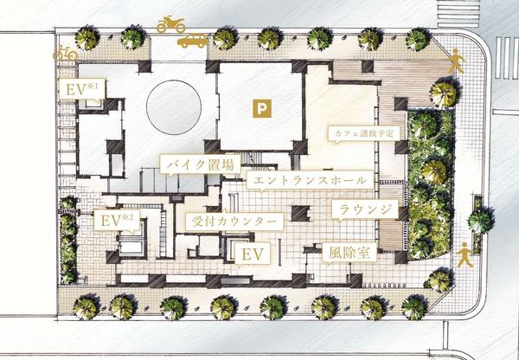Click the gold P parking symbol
pos(262,108)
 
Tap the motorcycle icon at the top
pos(170,24)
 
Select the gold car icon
pos(192,41)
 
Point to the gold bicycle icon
pos(65,54)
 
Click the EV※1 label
pos(82,89)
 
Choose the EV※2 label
pos(117,221)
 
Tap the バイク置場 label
pos(201,164)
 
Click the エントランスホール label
pos(311,181)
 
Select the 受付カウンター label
pos(234,222)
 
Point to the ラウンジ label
pos(365,209)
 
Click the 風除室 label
pos(349,253)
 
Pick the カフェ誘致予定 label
pos(364,133)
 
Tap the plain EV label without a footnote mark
pos(253,254)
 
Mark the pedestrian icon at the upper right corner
pos(457,61)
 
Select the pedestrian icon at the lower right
pos(465,254)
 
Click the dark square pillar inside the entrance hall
pos(300,213)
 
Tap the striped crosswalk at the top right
pos(458,14)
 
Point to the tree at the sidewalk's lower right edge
pos(439,280)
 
